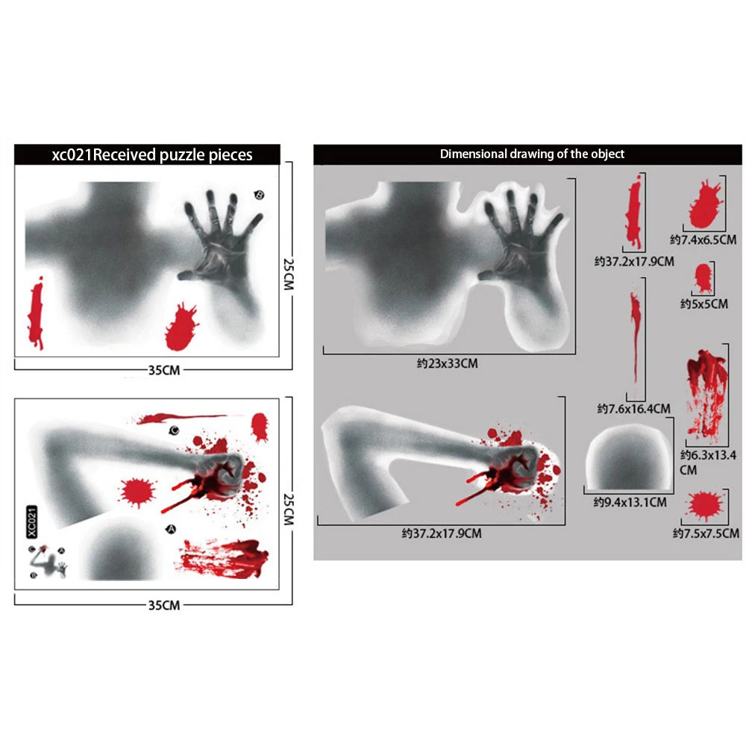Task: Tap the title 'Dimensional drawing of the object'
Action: click(532, 154)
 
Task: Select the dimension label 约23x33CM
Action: click(447, 363)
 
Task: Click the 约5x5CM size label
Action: click(703, 304)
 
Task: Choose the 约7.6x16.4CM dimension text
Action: click(633, 408)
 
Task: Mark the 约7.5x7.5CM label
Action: click(705, 533)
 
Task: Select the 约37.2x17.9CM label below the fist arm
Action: click(441, 533)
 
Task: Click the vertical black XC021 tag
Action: click(31, 521)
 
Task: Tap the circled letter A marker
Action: click(170, 529)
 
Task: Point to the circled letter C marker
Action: click(173, 430)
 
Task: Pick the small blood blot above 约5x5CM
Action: click(702, 278)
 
